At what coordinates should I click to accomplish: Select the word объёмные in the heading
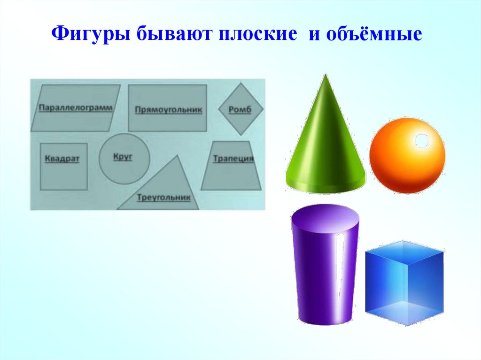click(372, 35)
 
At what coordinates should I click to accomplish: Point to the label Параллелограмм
click(76, 107)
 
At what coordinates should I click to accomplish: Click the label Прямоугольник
click(168, 110)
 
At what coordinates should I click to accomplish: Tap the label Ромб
click(240, 110)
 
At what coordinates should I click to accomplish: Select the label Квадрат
click(62, 159)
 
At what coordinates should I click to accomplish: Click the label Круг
click(123, 156)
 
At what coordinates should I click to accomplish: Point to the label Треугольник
click(163, 198)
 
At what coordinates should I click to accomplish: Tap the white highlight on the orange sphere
click(421, 140)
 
